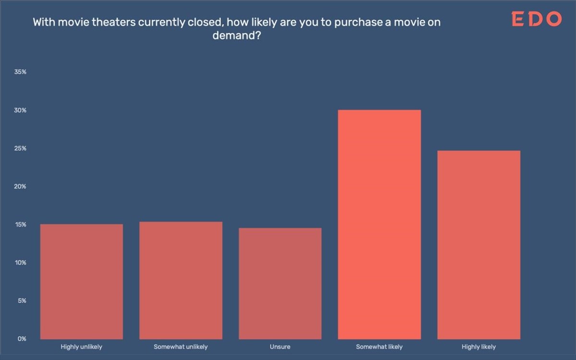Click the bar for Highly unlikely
(x=82, y=281)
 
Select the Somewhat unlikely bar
(x=181, y=280)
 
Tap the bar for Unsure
(x=280, y=283)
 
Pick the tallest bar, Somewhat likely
(x=379, y=224)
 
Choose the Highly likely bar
(x=479, y=245)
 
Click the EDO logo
(x=536, y=20)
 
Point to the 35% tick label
(x=21, y=72)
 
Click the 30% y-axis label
(x=21, y=110)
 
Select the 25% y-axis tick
(x=21, y=148)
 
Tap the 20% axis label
(x=21, y=186)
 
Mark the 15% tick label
(x=21, y=225)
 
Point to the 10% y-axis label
(x=21, y=263)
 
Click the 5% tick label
(x=22, y=301)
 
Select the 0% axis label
(x=22, y=339)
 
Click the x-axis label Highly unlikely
(x=82, y=347)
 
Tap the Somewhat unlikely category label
(x=181, y=347)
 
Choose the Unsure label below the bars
(x=280, y=347)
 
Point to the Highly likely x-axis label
(x=479, y=347)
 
